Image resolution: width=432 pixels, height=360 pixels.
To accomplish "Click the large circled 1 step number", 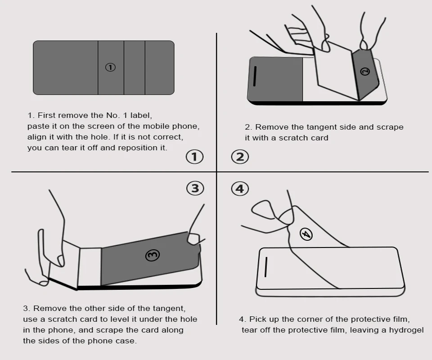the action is [194, 157].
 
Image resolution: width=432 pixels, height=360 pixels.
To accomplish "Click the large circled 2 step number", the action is [240, 157].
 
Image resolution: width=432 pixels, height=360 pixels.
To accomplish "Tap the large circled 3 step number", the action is [195, 189].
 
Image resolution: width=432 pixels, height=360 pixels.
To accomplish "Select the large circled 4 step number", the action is [240, 189].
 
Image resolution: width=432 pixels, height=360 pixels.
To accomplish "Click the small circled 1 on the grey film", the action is [110, 67].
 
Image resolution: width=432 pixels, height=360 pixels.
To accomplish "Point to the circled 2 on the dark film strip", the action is [365, 72].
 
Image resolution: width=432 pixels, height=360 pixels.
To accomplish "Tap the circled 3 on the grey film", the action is [153, 255].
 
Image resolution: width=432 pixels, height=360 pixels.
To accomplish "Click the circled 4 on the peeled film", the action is [306, 234].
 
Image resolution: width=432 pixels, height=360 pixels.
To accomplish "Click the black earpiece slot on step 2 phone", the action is [255, 76].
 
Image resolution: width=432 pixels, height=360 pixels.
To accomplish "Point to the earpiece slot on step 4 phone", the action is [266, 267].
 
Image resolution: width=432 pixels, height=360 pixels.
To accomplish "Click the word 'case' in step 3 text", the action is [127, 341].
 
